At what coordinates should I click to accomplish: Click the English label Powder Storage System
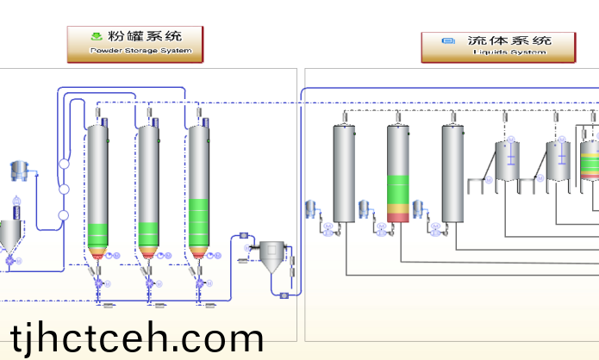[x=134, y=52]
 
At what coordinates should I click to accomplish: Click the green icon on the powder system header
[x=97, y=37]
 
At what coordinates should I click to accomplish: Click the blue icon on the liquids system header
[x=447, y=40]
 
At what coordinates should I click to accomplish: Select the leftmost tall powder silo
[x=97, y=185]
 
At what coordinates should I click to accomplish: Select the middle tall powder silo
[x=147, y=185]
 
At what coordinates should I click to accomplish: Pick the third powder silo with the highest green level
[x=198, y=185]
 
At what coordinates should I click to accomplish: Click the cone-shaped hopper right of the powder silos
[x=274, y=256]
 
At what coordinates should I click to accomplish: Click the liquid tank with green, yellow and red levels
[x=398, y=172]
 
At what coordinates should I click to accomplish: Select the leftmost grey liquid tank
[x=344, y=172]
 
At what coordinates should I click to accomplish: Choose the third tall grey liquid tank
[x=452, y=172]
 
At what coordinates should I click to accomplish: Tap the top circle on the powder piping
[x=63, y=164]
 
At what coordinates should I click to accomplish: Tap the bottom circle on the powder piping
[x=63, y=215]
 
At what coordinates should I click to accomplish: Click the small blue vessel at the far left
[x=19, y=171]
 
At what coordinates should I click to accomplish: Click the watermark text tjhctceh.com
[x=138, y=337]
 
